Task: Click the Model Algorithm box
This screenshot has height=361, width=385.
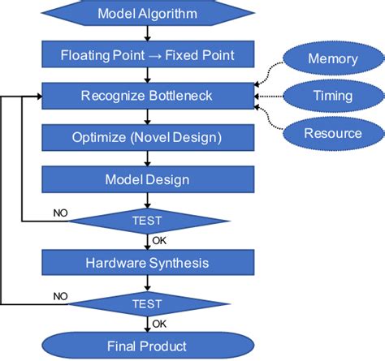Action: (x=147, y=14)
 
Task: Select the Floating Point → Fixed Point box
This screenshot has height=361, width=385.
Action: (x=147, y=56)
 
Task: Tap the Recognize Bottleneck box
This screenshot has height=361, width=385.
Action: (x=147, y=97)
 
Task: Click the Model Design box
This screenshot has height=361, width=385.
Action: (x=147, y=178)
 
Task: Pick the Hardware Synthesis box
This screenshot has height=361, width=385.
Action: (x=147, y=263)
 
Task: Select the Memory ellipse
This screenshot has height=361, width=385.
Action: (x=331, y=58)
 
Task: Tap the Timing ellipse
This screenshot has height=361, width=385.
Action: (x=331, y=96)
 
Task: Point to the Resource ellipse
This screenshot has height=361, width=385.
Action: (x=331, y=133)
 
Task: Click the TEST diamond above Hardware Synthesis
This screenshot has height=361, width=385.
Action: (x=147, y=220)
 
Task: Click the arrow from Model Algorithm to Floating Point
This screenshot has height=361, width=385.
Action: (x=147, y=34)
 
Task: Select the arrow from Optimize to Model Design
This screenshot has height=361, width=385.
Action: (x=147, y=157)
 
